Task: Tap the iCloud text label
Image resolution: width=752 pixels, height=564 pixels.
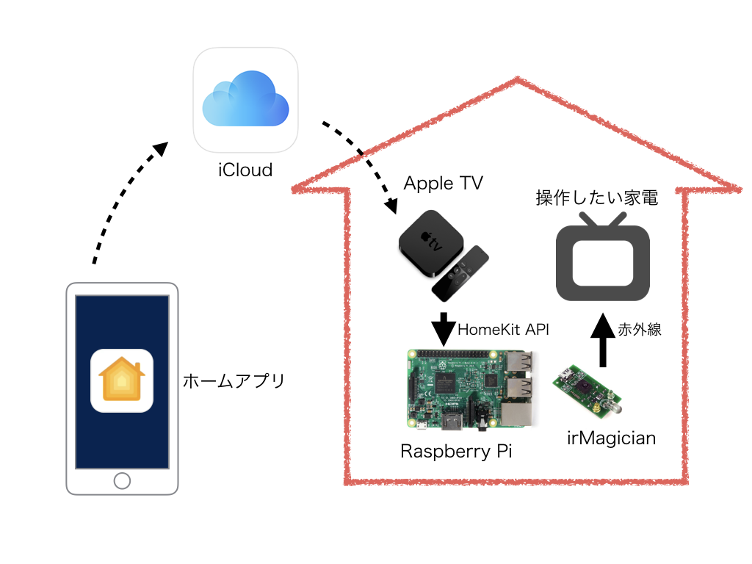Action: pyautogui.click(x=245, y=170)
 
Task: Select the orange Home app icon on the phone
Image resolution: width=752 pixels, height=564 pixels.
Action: pyautogui.click(x=122, y=380)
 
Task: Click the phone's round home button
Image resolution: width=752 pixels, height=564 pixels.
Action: pyautogui.click(x=122, y=480)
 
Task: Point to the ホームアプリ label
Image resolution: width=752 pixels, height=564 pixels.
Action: pyautogui.click(x=233, y=381)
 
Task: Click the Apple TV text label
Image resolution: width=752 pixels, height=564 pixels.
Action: pyautogui.click(x=444, y=184)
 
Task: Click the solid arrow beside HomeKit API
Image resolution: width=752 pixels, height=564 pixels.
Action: pyautogui.click(x=443, y=330)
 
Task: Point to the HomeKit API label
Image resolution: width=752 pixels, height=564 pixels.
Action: pyautogui.click(x=503, y=330)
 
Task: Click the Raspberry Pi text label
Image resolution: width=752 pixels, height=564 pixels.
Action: pyautogui.click(x=455, y=451)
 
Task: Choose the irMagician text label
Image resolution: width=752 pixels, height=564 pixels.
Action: pyautogui.click(x=611, y=438)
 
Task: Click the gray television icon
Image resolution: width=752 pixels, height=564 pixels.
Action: pyautogui.click(x=602, y=258)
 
